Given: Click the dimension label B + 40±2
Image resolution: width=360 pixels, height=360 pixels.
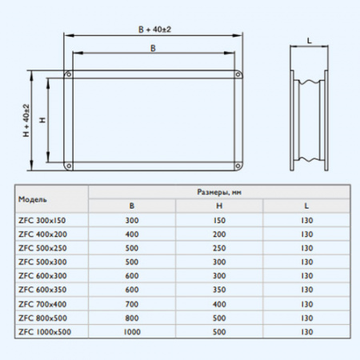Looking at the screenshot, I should pos(153,29).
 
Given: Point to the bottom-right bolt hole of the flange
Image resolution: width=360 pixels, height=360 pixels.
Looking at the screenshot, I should pos(237,167).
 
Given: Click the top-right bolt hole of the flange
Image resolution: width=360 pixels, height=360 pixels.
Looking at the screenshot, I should pos(237,76).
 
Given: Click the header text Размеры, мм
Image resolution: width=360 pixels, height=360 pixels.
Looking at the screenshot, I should pos(218,192).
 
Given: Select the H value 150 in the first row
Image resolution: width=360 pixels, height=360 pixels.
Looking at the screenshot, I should pos(218,219).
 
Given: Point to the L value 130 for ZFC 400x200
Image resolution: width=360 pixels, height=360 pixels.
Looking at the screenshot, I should pos(306,233).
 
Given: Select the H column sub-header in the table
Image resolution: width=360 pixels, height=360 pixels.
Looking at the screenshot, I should pos(218,206).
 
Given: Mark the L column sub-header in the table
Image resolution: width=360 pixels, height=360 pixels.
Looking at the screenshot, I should pos(306,206).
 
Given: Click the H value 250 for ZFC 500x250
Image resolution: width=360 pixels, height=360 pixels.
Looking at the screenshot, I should pos(218,247).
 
